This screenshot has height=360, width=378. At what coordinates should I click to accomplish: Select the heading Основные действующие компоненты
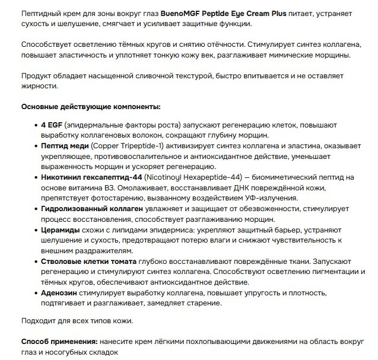pos(83,107)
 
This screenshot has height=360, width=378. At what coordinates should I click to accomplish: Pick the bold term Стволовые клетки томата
pos(89,260)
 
